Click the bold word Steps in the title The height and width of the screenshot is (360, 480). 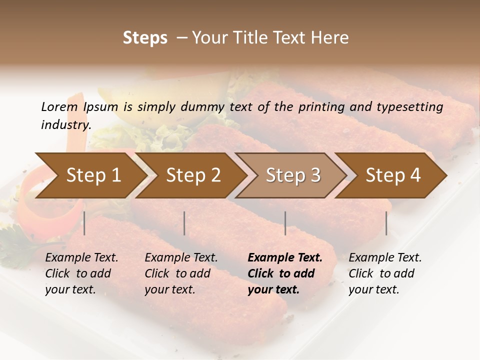tap(145, 38)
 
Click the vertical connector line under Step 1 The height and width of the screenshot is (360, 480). tap(84, 223)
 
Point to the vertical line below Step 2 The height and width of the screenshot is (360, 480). tap(184, 223)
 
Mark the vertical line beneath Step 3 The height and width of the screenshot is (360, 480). tap(285, 223)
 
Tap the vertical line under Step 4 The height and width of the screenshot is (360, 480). tap(386, 223)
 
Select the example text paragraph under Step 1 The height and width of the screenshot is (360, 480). tap(81, 273)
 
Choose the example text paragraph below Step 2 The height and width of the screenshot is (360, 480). tap(181, 273)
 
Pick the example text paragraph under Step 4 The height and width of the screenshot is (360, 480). tap(385, 273)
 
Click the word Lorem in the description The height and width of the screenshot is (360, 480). tap(59, 107)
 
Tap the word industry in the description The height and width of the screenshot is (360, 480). tap(65, 125)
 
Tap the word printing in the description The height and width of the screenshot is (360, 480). tap(321, 107)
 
